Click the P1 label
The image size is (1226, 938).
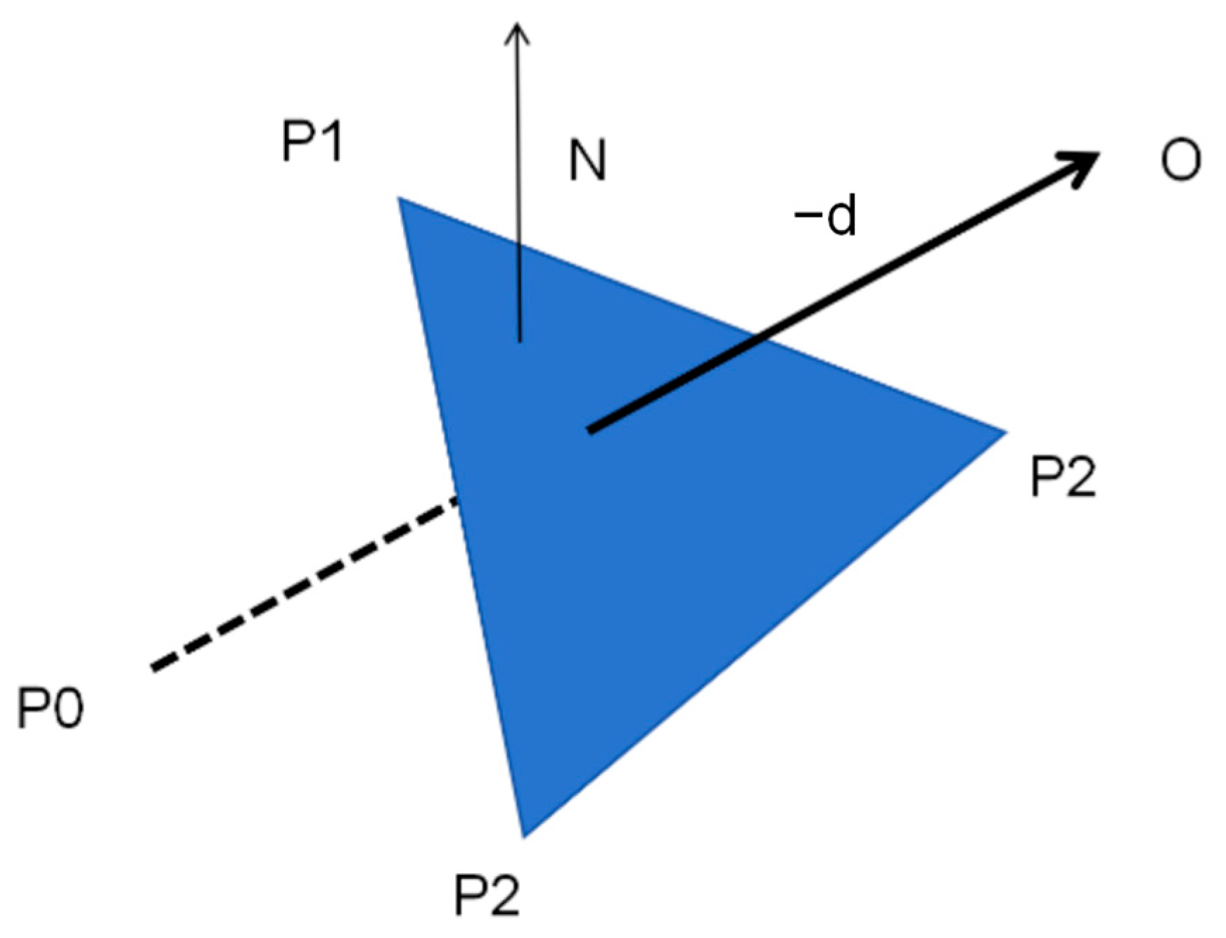pyautogui.click(x=312, y=141)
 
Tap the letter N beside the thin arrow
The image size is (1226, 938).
pyautogui.click(x=587, y=160)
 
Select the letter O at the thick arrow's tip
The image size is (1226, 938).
pyautogui.click(x=1180, y=160)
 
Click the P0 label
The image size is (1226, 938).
pyautogui.click(x=50, y=708)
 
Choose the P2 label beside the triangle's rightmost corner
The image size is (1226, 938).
pyautogui.click(x=1063, y=477)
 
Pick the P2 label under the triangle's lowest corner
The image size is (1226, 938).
pyautogui.click(x=487, y=894)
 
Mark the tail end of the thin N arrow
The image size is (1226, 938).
pyautogui.click(x=520, y=341)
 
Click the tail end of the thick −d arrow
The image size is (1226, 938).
pyautogui.click(x=591, y=429)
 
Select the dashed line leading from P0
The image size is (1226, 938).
pyautogui.click(x=302, y=584)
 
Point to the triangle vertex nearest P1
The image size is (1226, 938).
pyautogui.click(x=400, y=198)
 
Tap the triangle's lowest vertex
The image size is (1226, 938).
pyautogui.click(x=523, y=836)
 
